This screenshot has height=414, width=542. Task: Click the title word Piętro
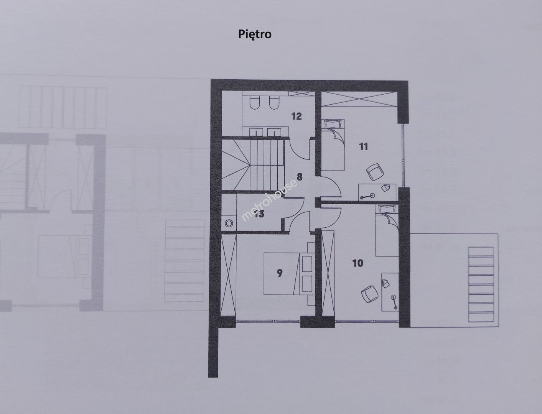(255, 34)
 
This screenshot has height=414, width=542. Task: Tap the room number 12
(296, 116)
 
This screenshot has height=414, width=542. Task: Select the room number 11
(363, 146)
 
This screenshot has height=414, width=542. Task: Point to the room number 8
(300, 177)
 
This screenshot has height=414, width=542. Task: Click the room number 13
(259, 214)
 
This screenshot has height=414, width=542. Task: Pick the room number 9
(280, 273)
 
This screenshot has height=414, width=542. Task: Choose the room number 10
(358, 263)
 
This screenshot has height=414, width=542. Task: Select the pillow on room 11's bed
(333, 124)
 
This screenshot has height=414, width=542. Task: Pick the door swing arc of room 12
(299, 150)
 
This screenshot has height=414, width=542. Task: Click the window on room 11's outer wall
(403, 155)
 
